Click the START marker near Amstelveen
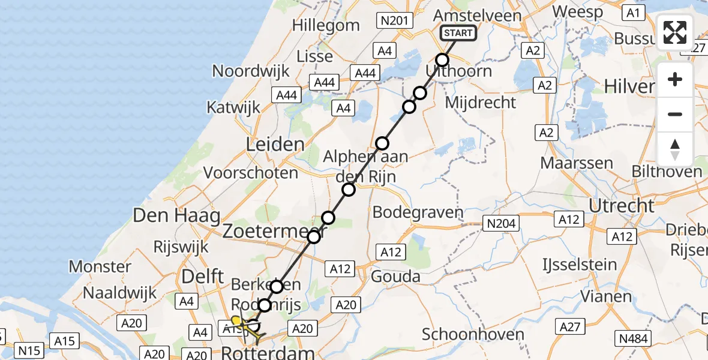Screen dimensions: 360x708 pos(458,33)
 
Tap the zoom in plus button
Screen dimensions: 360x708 pos(675,79)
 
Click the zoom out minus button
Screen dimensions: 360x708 pos(675,114)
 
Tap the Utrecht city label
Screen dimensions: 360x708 pos(622,206)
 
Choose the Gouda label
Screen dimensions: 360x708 pos(396,277)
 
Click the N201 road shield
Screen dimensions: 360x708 pos(394,21)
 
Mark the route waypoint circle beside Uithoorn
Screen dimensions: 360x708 pos(442,60)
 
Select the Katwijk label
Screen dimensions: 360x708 pos(233,107)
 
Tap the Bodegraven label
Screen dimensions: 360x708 pos(418,212)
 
